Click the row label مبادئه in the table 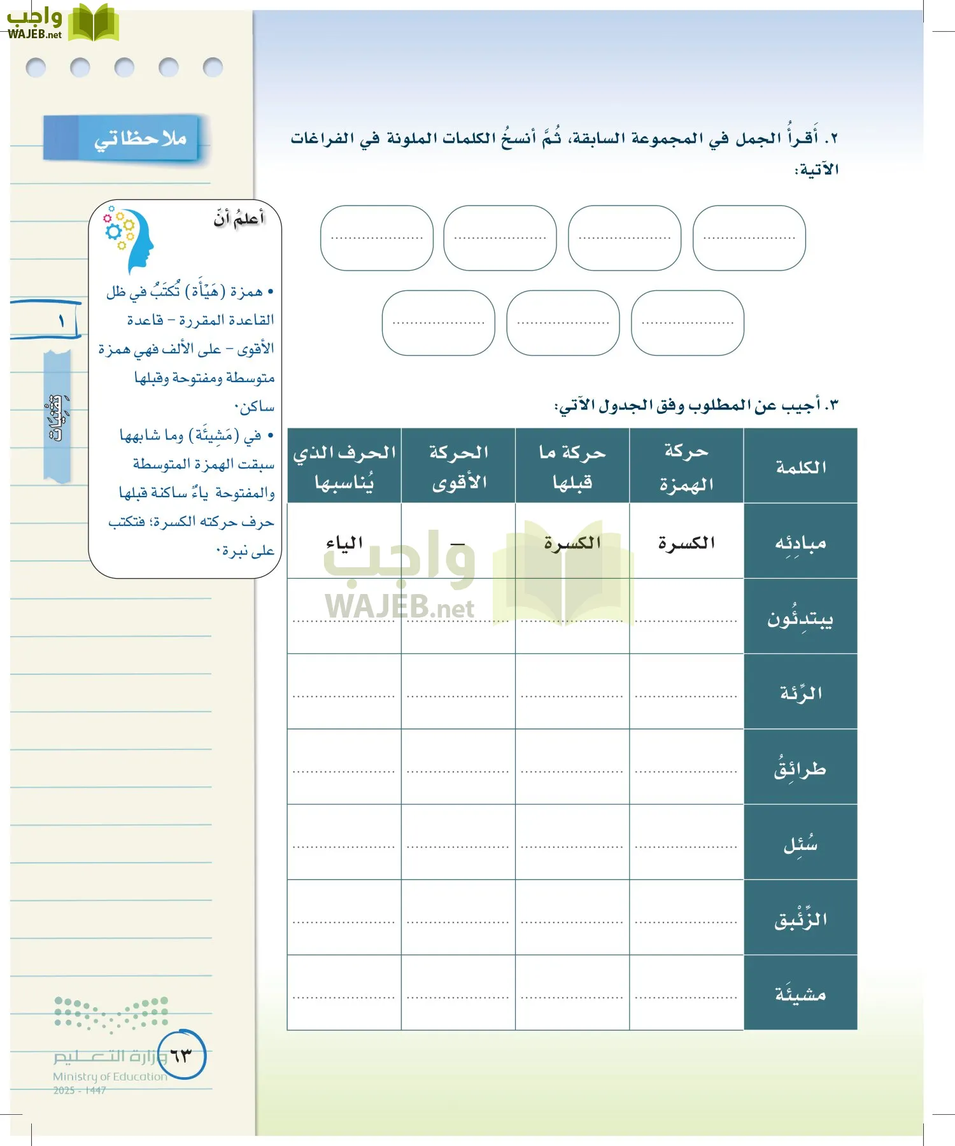(800, 542)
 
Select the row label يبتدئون (800, 618)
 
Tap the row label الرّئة (800, 693)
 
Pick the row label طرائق (800, 768)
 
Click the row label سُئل (800, 844)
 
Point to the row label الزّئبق (800, 919)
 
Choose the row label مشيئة (800, 994)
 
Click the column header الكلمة (800, 467)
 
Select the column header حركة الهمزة (686, 467)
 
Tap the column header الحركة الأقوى (458, 467)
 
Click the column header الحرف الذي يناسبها (344, 467)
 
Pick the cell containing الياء (344, 542)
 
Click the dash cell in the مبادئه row (458, 544)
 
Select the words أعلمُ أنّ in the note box (239, 219)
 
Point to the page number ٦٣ (181, 1056)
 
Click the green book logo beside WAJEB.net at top (93, 23)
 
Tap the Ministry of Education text (110, 1076)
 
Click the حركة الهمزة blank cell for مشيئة (686, 994)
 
